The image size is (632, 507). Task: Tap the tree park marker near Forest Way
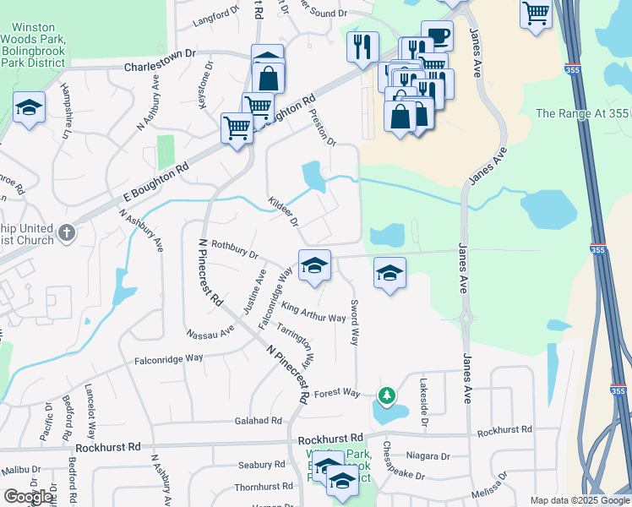coord(387,395)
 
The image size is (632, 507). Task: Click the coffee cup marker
coord(437,35)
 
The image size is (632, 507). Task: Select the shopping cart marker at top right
coord(537,14)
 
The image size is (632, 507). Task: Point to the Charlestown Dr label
coord(160,65)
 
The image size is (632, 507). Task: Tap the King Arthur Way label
coord(313,312)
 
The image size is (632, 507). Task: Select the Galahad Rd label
coord(259,421)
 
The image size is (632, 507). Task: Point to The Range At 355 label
coord(583,113)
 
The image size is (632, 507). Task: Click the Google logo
coord(29,497)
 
